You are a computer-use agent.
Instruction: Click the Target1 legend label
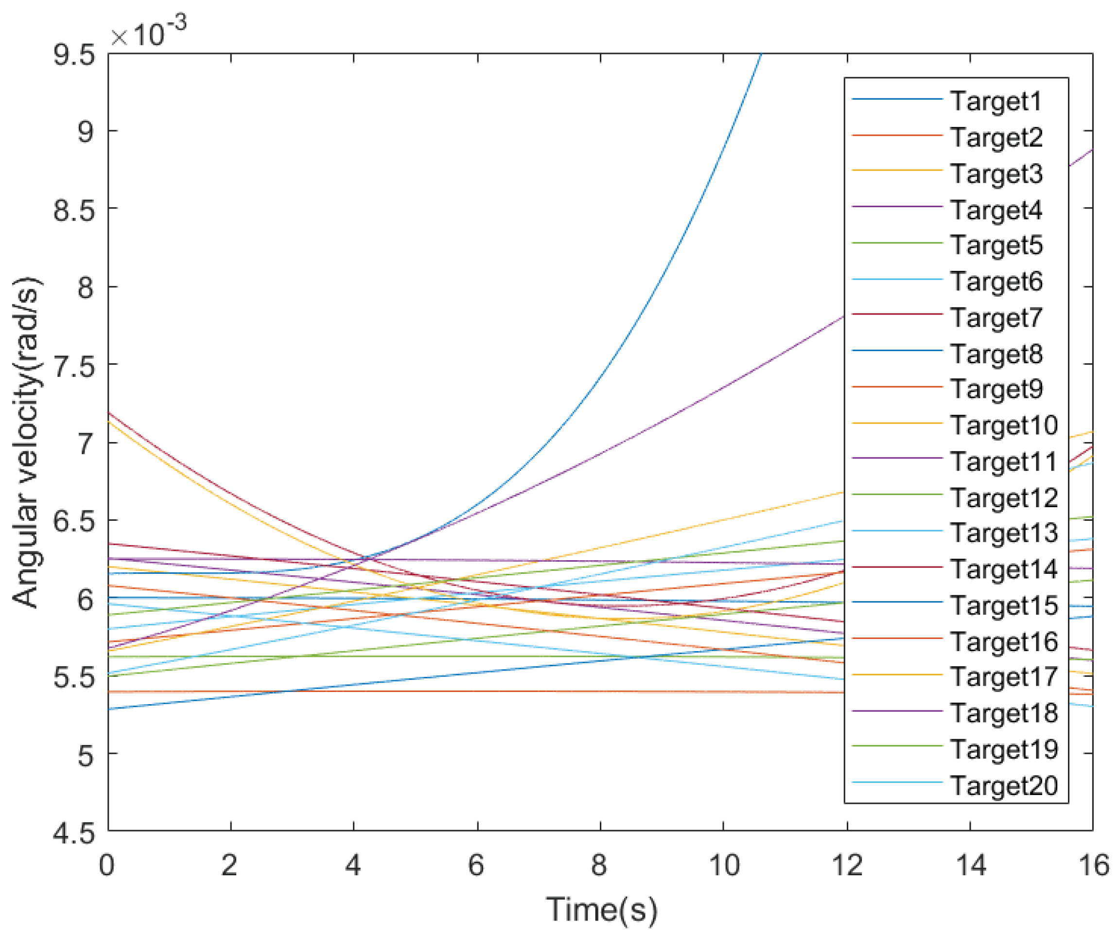point(996,101)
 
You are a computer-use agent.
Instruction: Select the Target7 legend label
point(996,318)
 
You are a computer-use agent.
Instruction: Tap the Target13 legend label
point(1004,533)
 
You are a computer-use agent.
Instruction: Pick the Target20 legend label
point(1004,786)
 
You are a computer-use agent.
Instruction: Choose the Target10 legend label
point(1004,425)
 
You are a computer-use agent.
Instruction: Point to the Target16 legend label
point(1004,641)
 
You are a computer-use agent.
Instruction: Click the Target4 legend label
point(996,210)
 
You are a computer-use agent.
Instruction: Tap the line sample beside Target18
point(896,711)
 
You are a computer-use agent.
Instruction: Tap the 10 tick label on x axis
point(724,866)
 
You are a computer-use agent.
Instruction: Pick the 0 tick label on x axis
point(107,866)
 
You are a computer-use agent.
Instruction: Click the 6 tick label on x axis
point(476,866)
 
